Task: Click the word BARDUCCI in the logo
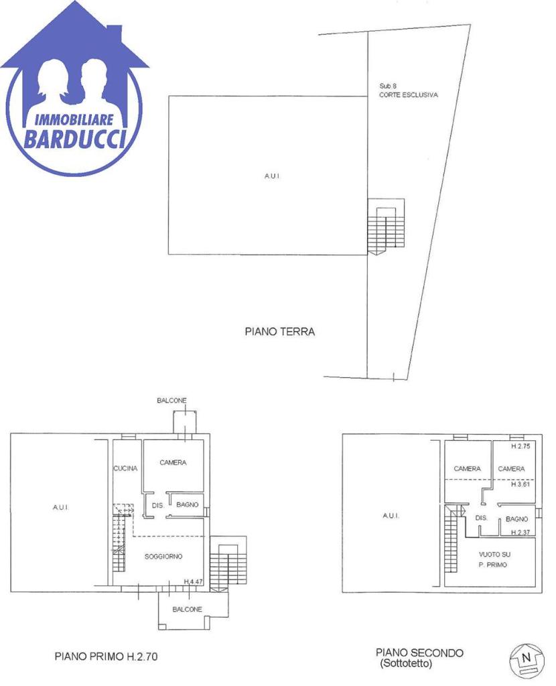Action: click(x=75, y=139)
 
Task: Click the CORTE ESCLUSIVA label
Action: click(x=408, y=95)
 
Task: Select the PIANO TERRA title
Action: click(x=279, y=332)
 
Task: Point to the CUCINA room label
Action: click(x=125, y=468)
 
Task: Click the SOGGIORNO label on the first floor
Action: click(x=163, y=557)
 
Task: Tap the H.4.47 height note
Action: click(x=194, y=581)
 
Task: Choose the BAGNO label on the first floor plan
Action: click(x=187, y=505)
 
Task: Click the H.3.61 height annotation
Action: click(x=520, y=484)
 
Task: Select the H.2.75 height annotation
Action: click(x=520, y=446)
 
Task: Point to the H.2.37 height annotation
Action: click(x=520, y=533)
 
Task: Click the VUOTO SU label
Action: click(x=494, y=554)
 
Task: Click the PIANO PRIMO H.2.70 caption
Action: click(x=106, y=657)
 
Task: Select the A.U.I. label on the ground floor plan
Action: click(x=272, y=176)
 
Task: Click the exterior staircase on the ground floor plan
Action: click(x=385, y=226)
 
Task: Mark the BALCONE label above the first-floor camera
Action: click(x=172, y=401)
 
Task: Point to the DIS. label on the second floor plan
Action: click(x=481, y=518)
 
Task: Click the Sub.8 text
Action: click(x=388, y=86)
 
